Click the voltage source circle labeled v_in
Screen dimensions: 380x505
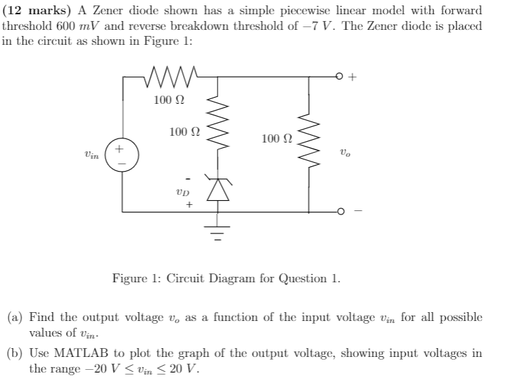[x=123, y=155]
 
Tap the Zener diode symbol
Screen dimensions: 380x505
[x=218, y=190]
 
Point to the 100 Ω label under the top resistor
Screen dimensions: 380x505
[x=167, y=100]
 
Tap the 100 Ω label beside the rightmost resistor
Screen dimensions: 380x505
[x=277, y=138]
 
